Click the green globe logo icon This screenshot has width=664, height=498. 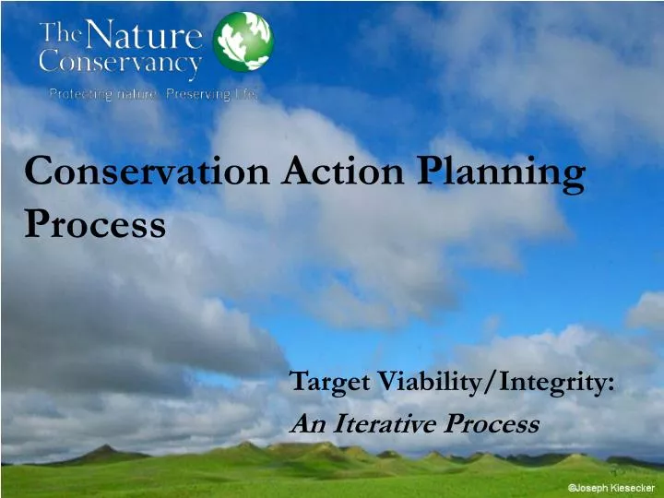(x=243, y=42)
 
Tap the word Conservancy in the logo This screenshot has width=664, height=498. (x=120, y=64)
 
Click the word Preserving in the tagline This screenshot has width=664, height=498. (x=196, y=93)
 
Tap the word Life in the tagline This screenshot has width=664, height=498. (x=245, y=93)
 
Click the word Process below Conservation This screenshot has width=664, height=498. (x=95, y=224)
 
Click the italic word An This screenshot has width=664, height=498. (x=305, y=423)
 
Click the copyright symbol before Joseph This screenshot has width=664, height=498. (x=572, y=486)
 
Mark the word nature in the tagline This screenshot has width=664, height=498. (x=142, y=93)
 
